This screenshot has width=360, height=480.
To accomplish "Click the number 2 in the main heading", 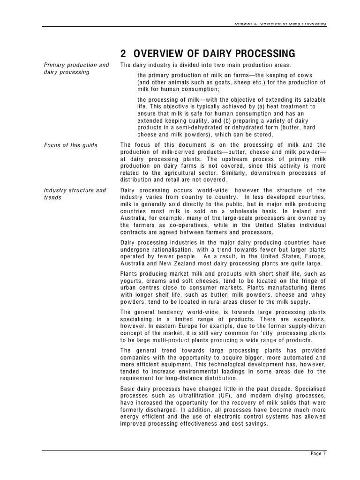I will coord(123,53).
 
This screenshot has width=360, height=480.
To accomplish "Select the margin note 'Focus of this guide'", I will coord(70,145).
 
